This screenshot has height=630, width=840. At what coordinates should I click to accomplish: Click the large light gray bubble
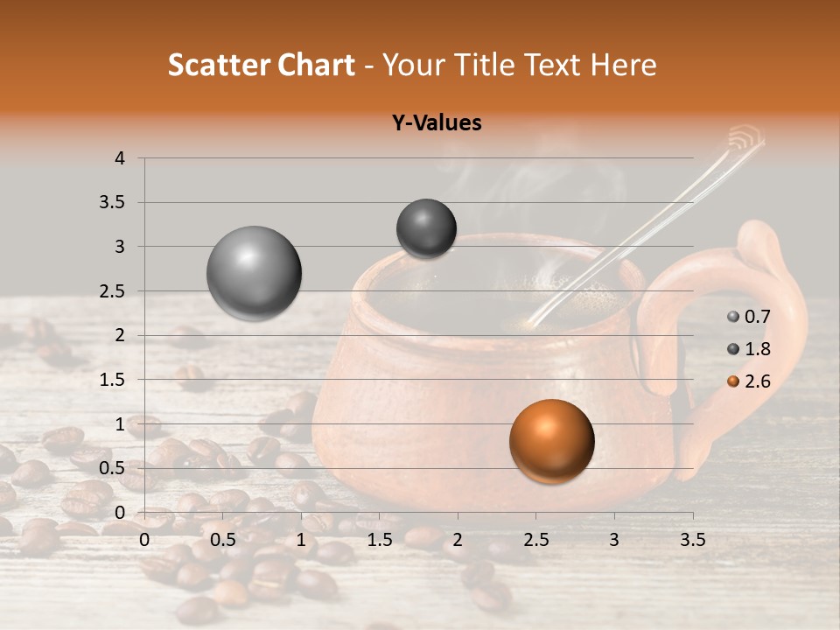(x=254, y=273)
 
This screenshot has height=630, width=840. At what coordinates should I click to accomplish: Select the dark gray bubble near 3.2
(x=426, y=228)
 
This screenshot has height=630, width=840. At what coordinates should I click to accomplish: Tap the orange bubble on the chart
(x=551, y=441)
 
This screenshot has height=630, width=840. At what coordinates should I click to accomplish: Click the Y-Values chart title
(x=437, y=123)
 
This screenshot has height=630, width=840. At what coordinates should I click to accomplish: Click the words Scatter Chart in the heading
(x=262, y=65)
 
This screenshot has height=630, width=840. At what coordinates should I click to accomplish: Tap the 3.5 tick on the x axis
(x=692, y=540)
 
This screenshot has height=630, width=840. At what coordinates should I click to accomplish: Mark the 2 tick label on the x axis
(x=458, y=540)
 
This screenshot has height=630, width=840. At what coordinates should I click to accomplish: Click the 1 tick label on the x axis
(x=301, y=540)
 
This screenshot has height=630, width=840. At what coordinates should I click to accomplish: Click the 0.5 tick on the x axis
(x=223, y=540)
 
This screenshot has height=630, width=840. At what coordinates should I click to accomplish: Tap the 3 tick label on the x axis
(x=614, y=540)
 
